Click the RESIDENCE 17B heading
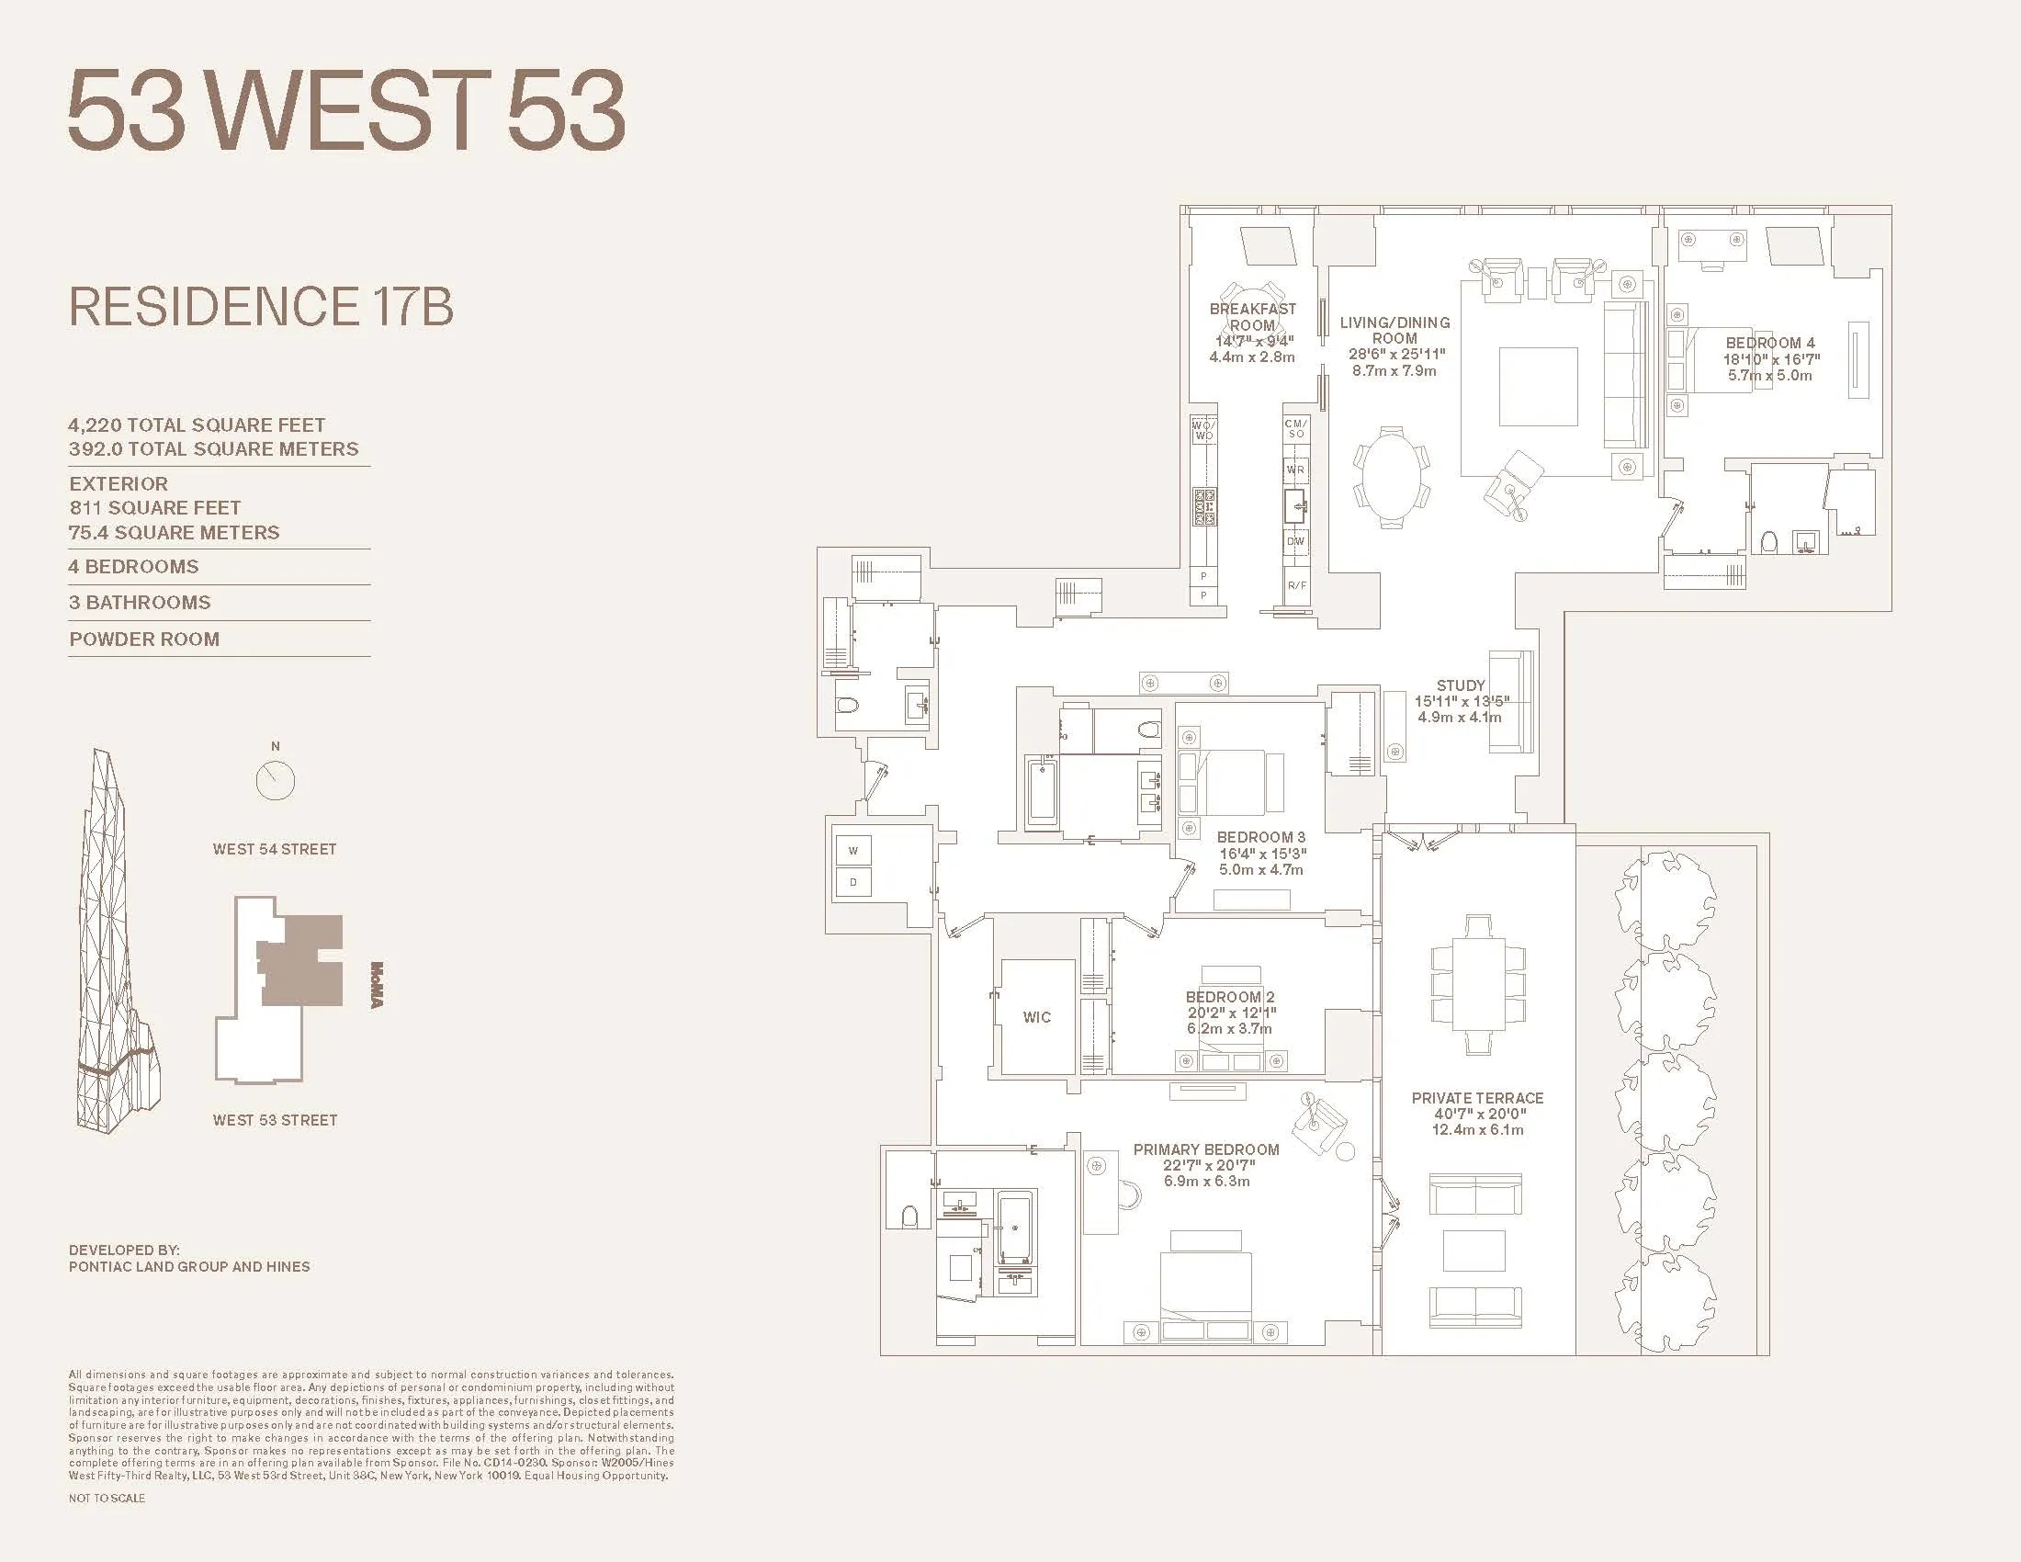261,307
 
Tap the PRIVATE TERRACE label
1477,1098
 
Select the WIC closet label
1036,1017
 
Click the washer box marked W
852,851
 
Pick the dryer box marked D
852,882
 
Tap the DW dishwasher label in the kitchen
1295,541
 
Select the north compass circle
275,781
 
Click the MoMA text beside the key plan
376,986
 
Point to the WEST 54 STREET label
274,850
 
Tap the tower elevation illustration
116,944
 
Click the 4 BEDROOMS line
133,566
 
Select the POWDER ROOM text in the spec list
144,640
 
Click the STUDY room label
1461,685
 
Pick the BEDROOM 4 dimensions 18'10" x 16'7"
1770,359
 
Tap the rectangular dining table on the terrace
1477,985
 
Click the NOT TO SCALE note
107,1499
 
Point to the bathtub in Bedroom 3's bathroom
1042,791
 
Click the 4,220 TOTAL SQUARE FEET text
197,425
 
